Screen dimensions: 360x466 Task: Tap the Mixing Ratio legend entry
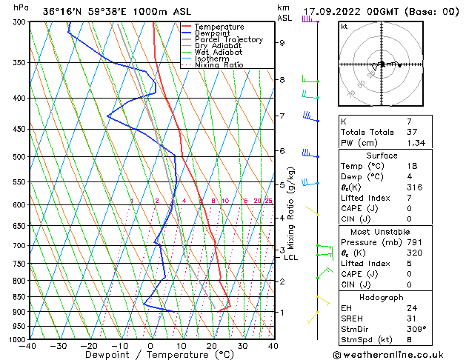(219, 65)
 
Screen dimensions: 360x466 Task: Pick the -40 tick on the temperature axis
(29, 346)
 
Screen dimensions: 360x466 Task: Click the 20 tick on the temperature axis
(212, 346)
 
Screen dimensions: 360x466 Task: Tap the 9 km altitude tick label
(282, 43)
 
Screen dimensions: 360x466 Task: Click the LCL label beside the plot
(290, 258)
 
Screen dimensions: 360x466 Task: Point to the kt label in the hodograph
(344, 27)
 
